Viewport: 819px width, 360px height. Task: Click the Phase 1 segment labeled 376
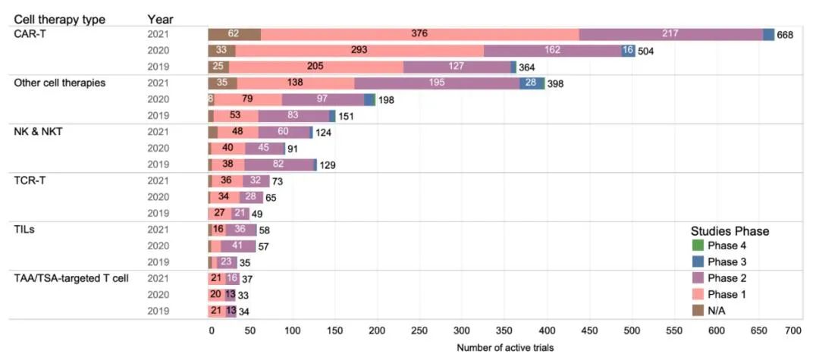pyautogui.click(x=419, y=34)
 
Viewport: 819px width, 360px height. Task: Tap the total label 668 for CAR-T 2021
pyautogui.click(x=785, y=35)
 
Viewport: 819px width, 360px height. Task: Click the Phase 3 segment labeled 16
pyautogui.click(x=628, y=51)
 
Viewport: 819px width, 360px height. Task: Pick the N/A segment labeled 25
pyautogui.click(x=218, y=67)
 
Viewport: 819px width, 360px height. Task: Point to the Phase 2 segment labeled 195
pyautogui.click(x=437, y=83)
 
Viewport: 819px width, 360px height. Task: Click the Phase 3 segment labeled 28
pyautogui.click(x=532, y=83)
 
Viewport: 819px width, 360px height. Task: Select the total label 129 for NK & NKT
pyautogui.click(x=327, y=165)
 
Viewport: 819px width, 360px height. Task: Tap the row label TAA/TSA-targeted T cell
pyautogui.click(x=71, y=278)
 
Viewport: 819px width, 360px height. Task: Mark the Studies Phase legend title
pyautogui.click(x=729, y=231)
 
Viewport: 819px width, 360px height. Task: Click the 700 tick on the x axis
pyautogui.click(x=792, y=330)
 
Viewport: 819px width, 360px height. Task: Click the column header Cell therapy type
pyautogui.click(x=59, y=19)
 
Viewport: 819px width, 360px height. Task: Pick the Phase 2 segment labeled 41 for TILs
pyautogui.click(x=238, y=246)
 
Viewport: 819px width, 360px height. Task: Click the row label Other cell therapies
pyautogui.click(x=60, y=83)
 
